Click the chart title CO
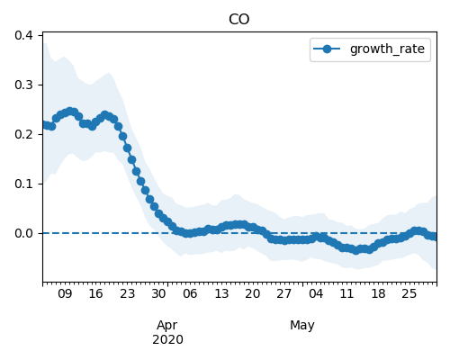[x=238, y=20]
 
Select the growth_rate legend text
[x=387, y=49]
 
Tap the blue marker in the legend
[x=327, y=49]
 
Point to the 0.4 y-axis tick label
[x=23, y=35]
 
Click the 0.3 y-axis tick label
[x=23, y=85]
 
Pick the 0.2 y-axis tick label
[x=23, y=134]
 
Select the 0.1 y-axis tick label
[x=23, y=184]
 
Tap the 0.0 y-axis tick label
[x=23, y=233]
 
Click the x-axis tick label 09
[x=65, y=293]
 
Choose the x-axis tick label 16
[x=96, y=293]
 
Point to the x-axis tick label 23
[x=128, y=293]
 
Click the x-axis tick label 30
[x=158, y=293]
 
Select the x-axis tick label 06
[x=190, y=293]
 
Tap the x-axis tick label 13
[x=221, y=293]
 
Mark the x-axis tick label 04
[x=316, y=293]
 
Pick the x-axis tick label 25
[x=409, y=293]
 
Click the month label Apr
[x=167, y=326]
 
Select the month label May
[x=302, y=326]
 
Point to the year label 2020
[x=167, y=340]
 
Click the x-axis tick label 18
[x=378, y=293]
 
